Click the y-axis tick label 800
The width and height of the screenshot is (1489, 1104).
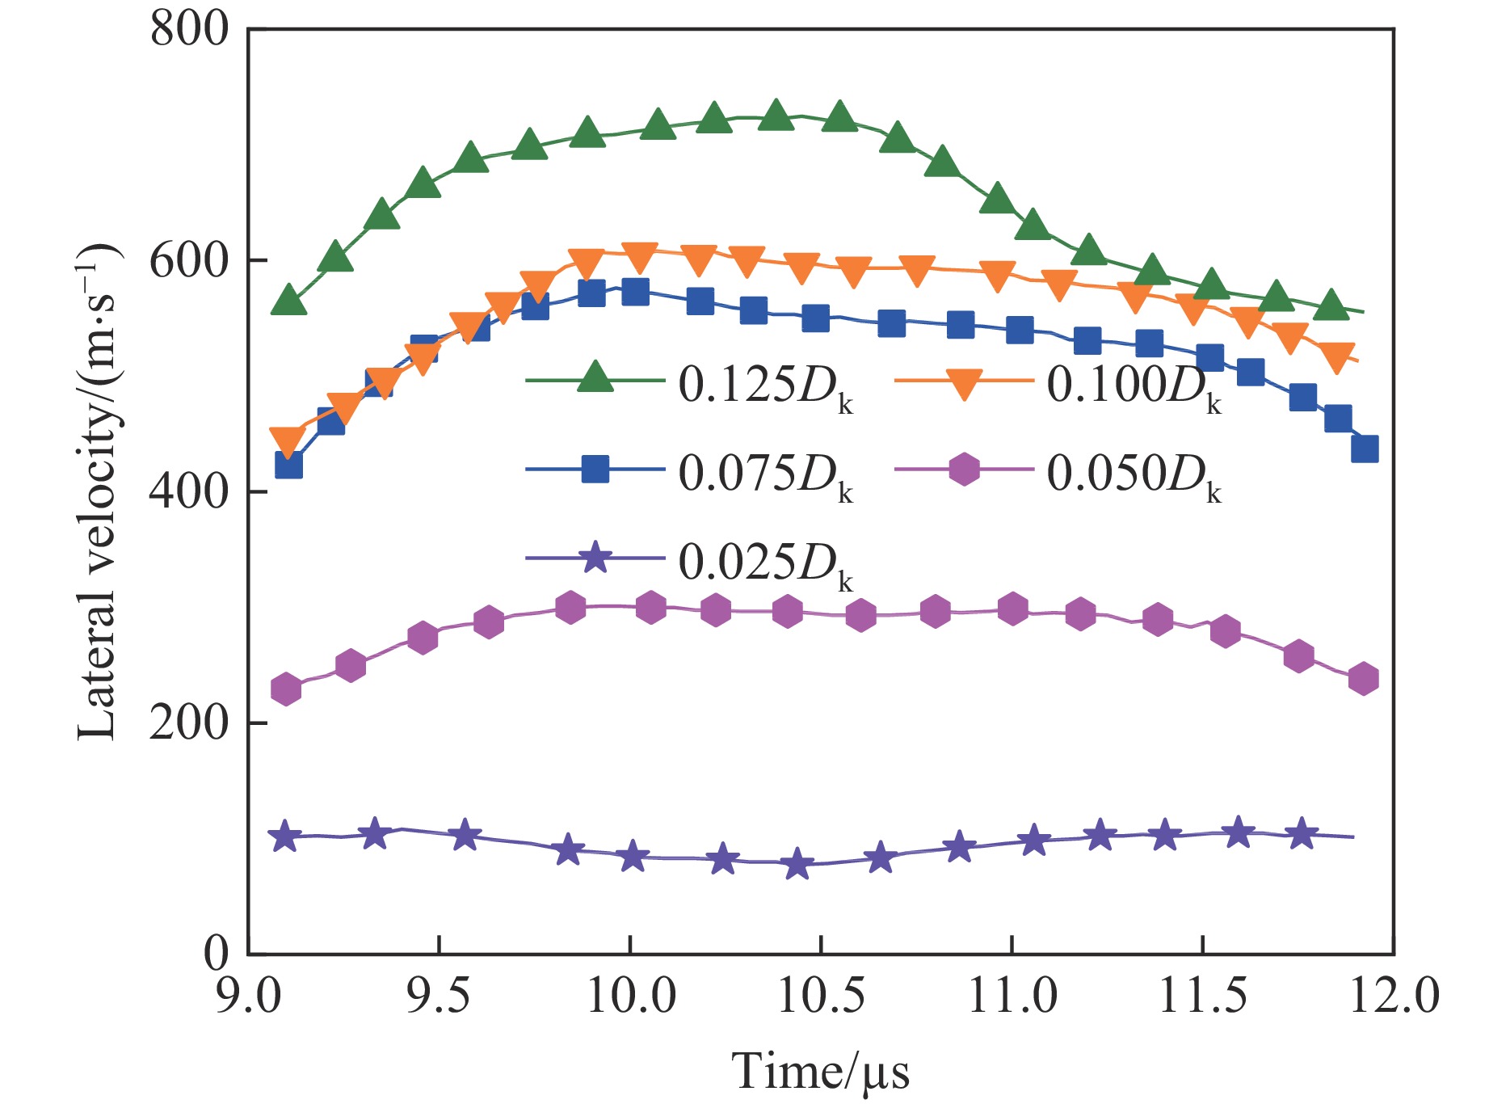pyautogui.click(x=189, y=31)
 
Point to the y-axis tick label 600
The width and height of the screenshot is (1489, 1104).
pyautogui.click(x=189, y=261)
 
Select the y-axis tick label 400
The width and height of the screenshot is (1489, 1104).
pyautogui.click(x=189, y=491)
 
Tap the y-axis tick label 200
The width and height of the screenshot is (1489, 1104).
pyautogui.click(x=189, y=723)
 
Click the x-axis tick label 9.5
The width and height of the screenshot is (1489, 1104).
pyautogui.click(x=438, y=996)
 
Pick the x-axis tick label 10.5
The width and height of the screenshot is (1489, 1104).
pyautogui.click(x=820, y=996)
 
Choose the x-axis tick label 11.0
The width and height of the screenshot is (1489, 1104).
pyautogui.click(x=1012, y=996)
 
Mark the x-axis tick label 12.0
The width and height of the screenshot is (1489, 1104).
pyautogui.click(x=1394, y=996)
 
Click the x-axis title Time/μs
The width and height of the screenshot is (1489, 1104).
pyautogui.click(x=820, y=1072)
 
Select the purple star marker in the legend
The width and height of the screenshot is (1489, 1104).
pyautogui.click(x=595, y=557)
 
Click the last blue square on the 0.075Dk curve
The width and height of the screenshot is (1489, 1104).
pyautogui.click(x=1364, y=449)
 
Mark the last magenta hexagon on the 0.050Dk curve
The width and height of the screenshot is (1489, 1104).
pyautogui.click(x=1363, y=678)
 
